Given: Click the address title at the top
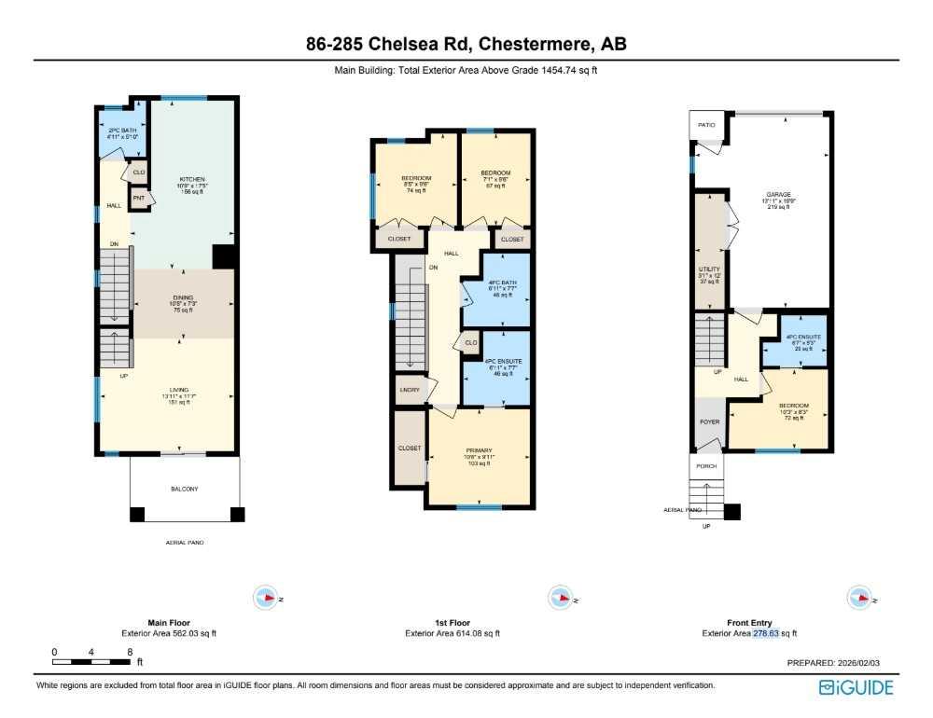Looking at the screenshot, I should (x=466, y=44).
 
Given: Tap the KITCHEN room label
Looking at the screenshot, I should (x=192, y=179).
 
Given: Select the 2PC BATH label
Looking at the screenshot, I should (x=123, y=131).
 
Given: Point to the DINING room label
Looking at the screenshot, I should (x=182, y=297).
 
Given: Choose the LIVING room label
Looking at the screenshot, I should (x=182, y=391).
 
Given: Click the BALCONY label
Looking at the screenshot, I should (x=184, y=489).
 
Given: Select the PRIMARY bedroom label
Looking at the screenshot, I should (x=478, y=450).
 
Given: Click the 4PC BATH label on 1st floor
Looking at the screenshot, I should (x=496, y=283).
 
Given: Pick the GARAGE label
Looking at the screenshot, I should (x=779, y=195).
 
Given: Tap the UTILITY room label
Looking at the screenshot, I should (x=709, y=269).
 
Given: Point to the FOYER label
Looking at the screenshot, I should (x=709, y=421).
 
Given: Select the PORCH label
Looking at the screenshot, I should (x=706, y=466).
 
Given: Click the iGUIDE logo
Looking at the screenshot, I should (x=856, y=688).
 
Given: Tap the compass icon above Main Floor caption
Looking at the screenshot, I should (x=267, y=599).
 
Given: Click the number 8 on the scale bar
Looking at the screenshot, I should (x=129, y=652).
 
